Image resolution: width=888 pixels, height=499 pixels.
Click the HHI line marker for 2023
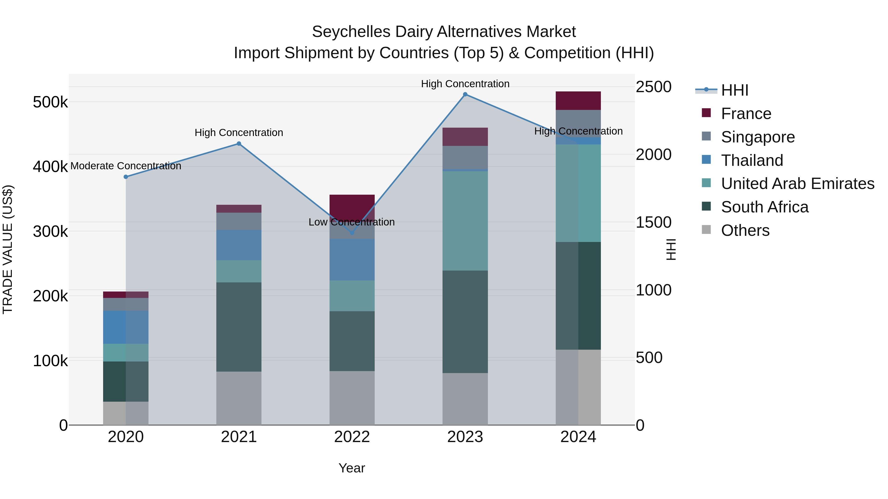[x=465, y=94]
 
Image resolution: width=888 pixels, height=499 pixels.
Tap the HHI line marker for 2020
[x=126, y=177]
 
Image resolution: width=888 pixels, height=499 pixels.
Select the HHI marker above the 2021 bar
[x=239, y=144]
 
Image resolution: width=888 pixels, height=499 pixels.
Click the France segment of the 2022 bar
[x=352, y=205]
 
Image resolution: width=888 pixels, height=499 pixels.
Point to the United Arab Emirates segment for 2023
[x=465, y=220]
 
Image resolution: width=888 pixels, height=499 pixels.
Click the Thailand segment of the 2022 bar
[x=352, y=259]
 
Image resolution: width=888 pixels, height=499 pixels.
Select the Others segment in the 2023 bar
[x=465, y=398]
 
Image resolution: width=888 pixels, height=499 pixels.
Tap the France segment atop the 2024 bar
[x=578, y=101]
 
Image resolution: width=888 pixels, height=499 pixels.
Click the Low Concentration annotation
[x=351, y=222]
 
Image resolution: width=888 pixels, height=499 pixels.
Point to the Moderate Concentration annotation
[x=126, y=166]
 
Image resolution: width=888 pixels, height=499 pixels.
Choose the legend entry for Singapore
[x=758, y=137]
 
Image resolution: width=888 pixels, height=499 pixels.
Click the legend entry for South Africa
[x=765, y=207]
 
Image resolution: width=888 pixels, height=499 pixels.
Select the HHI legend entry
[x=734, y=90]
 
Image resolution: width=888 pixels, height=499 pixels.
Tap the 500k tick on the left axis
[x=50, y=102]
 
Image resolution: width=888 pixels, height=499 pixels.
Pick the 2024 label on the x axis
[x=578, y=437]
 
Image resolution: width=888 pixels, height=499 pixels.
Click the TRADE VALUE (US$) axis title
[x=8, y=249]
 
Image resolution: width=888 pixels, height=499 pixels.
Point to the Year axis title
[x=351, y=468]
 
